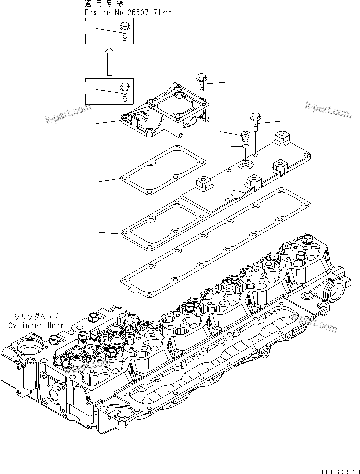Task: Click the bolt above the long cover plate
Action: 255,120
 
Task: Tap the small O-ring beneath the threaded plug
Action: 245,147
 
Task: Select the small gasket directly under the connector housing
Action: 164,173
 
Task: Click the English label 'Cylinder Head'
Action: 36,325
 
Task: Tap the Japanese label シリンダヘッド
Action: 37,317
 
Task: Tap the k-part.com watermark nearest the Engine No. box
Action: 68,114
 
